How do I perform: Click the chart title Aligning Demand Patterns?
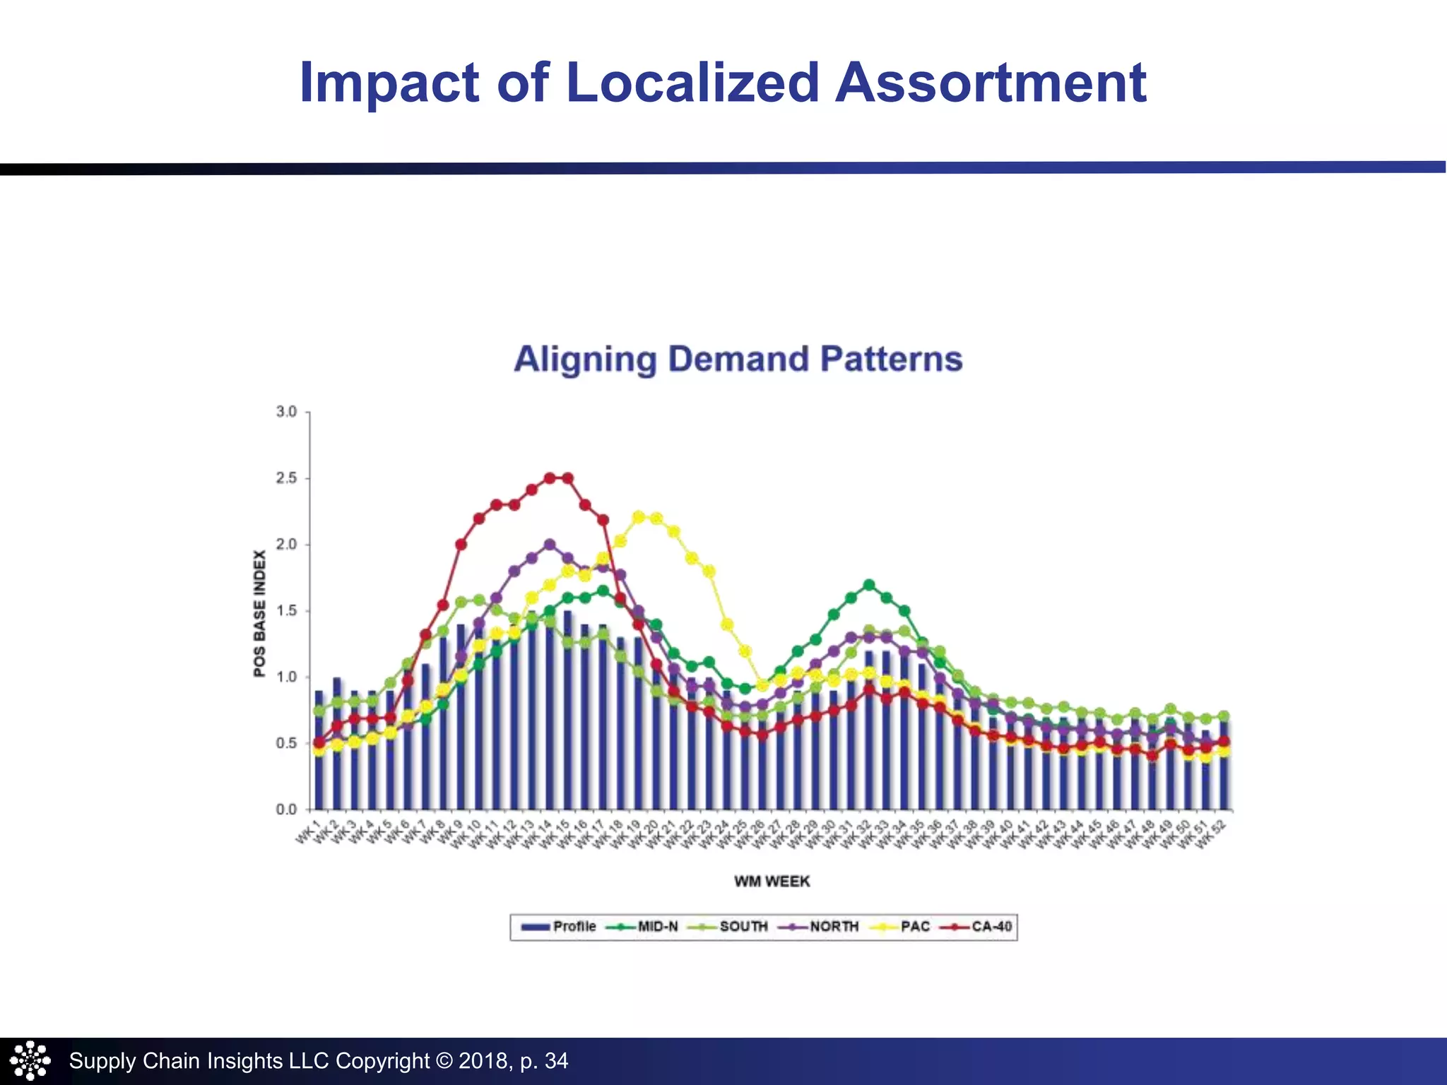coord(738,359)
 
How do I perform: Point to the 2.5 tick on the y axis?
coord(286,478)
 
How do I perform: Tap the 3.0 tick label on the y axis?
coord(286,412)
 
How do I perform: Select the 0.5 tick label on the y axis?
coord(286,743)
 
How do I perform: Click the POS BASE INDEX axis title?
coord(259,613)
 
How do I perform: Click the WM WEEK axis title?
coord(772,881)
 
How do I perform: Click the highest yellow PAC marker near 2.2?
coord(639,517)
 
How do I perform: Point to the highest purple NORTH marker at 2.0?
coord(550,545)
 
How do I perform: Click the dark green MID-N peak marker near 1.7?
coord(869,585)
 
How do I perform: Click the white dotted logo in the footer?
coord(30,1060)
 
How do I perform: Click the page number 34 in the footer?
coord(556,1060)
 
